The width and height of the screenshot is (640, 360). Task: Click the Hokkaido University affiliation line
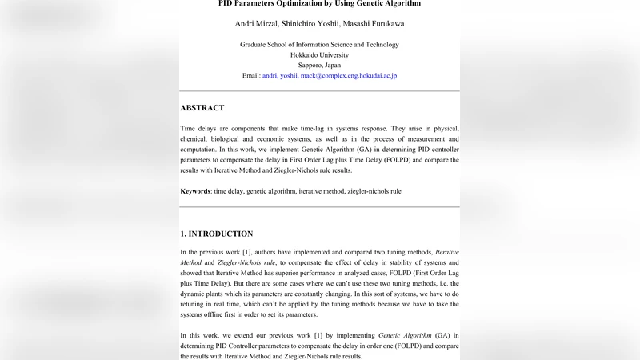[x=319, y=55]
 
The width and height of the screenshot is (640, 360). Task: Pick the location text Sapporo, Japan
[x=319, y=66]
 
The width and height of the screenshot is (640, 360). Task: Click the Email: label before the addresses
[x=251, y=76]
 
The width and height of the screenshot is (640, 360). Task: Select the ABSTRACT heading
[x=202, y=108]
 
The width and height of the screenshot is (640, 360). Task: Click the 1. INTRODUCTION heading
[x=217, y=234]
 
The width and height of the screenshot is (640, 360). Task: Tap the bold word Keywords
[x=196, y=192]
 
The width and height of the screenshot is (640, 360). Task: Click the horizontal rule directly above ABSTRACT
[x=320, y=91]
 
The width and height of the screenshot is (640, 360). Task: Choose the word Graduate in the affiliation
[x=255, y=45]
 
